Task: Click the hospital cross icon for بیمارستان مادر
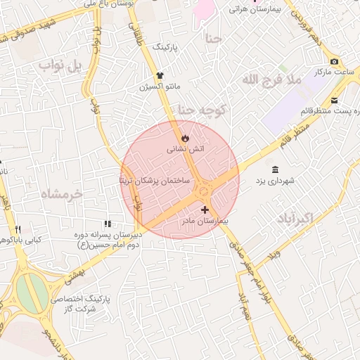click(x=205, y=210)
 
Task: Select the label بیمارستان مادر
click(x=205, y=221)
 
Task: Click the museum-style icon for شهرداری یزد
click(x=274, y=169)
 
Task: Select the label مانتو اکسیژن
click(x=160, y=87)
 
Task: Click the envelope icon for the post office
click(x=334, y=100)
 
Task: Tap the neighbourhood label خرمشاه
click(x=62, y=193)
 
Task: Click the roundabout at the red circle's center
click(x=205, y=188)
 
